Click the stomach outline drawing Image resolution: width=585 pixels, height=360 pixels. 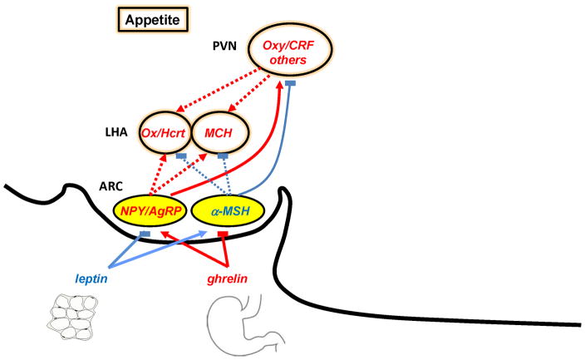click(x=239, y=325)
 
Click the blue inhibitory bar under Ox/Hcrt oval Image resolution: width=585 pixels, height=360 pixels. click(x=180, y=155)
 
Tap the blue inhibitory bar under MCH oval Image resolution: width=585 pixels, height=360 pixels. click(x=223, y=155)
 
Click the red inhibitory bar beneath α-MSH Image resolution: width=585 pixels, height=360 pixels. click(x=222, y=235)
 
